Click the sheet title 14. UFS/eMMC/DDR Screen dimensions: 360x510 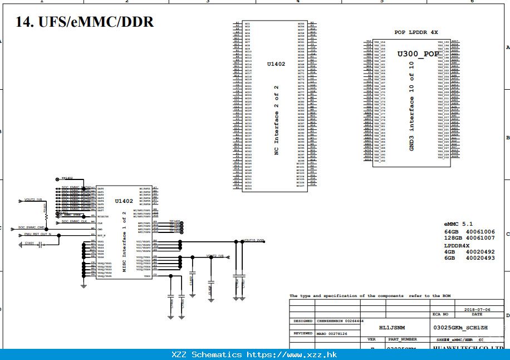[x=85, y=22]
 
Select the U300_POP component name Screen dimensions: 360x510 [x=418, y=54]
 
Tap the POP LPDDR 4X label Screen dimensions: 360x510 [x=416, y=32]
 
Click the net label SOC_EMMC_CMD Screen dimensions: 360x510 [x=32, y=227]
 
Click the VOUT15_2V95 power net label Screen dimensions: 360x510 [x=254, y=241]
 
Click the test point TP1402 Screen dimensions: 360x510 [x=67, y=178]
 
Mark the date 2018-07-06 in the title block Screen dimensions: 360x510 [x=477, y=309]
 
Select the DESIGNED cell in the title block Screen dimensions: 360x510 [x=303, y=322]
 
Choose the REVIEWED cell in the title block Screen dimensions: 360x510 [x=303, y=333]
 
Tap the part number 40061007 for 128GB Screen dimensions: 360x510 [x=480, y=238]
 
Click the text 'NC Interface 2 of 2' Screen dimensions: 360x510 [x=276, y=121]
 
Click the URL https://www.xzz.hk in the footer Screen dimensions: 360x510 [x=292, y=354]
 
